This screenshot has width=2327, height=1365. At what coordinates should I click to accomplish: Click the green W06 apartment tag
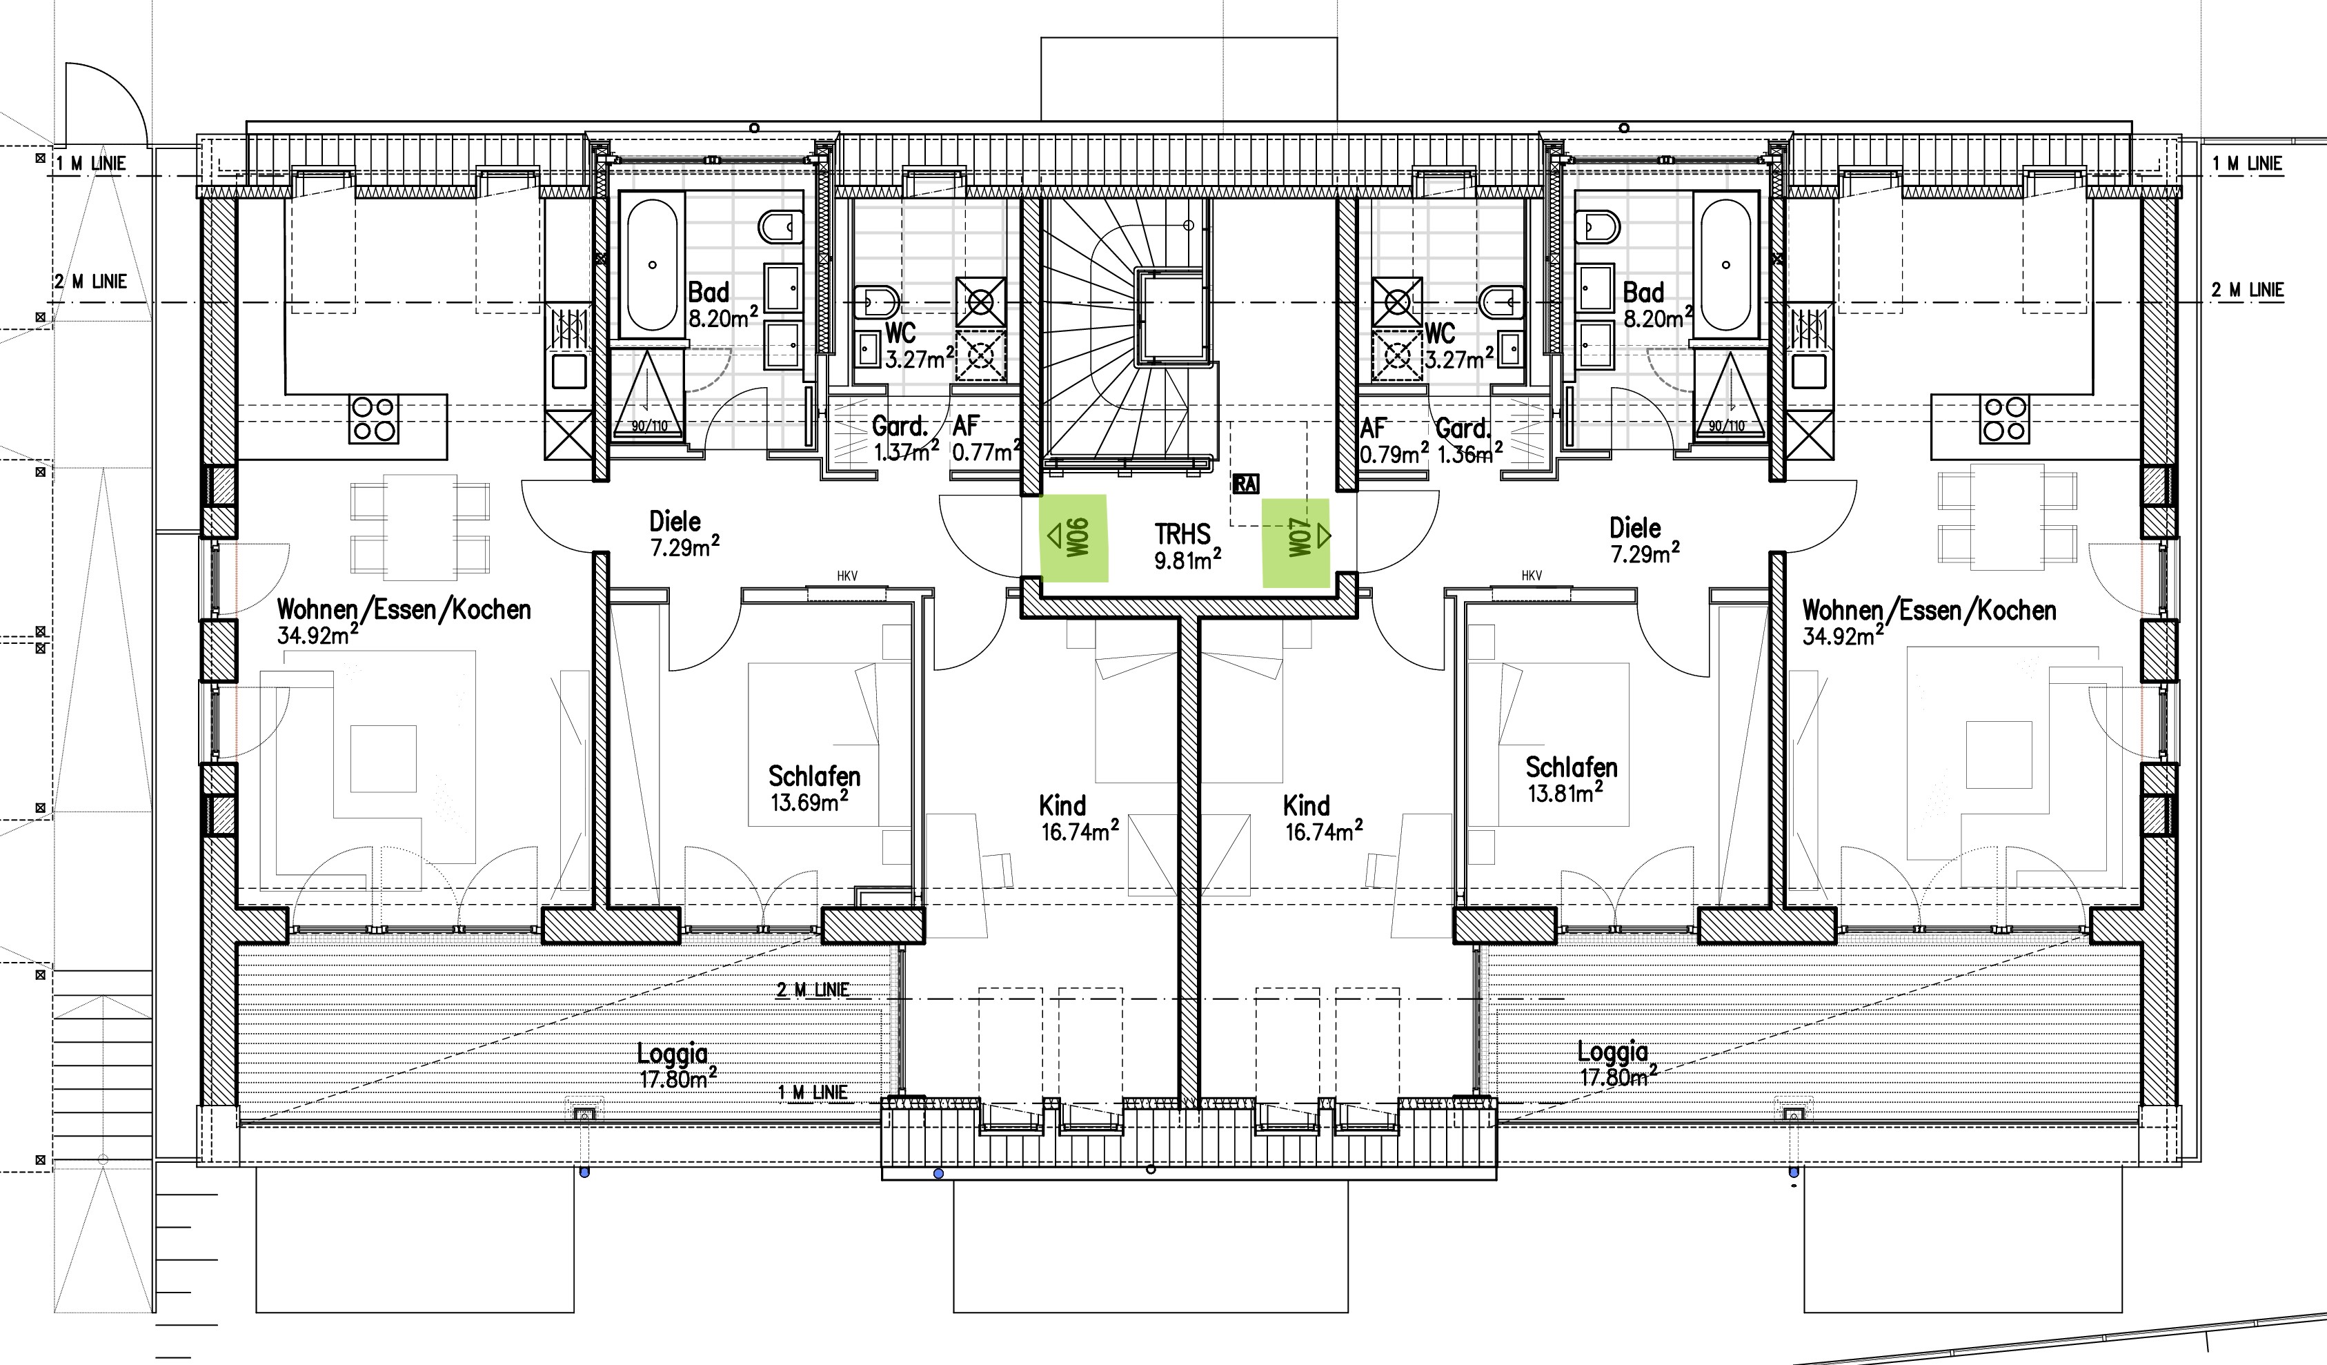pos(1074,538)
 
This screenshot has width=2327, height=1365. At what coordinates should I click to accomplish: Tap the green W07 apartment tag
pos(1296,543)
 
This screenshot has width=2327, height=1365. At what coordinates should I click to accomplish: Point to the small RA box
pos(1245,484)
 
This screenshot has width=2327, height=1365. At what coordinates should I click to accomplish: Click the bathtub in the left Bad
pos(653,265)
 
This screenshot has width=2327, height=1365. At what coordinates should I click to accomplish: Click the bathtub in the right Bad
pos(1726,265)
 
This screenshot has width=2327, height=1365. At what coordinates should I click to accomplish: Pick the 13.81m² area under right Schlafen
pos(1566,792)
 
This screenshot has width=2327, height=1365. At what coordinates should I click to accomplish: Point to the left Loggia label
pos(672,1053)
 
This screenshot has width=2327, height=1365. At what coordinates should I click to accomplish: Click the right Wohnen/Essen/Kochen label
pos(1929,611)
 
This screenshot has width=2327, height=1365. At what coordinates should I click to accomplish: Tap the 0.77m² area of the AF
pos(987,451)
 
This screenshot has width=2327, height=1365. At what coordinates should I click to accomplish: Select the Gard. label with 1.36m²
pos(1463,429)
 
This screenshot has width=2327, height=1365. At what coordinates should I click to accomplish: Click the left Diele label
pos(675,521)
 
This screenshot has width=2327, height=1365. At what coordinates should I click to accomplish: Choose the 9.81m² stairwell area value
pos(1189,559)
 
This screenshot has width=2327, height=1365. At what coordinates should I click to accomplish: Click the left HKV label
pos(846,576)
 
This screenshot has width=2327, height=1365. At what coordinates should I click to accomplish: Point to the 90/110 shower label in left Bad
pos(649,426)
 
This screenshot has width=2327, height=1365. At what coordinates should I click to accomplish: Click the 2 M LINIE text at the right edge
pos(2248,290)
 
